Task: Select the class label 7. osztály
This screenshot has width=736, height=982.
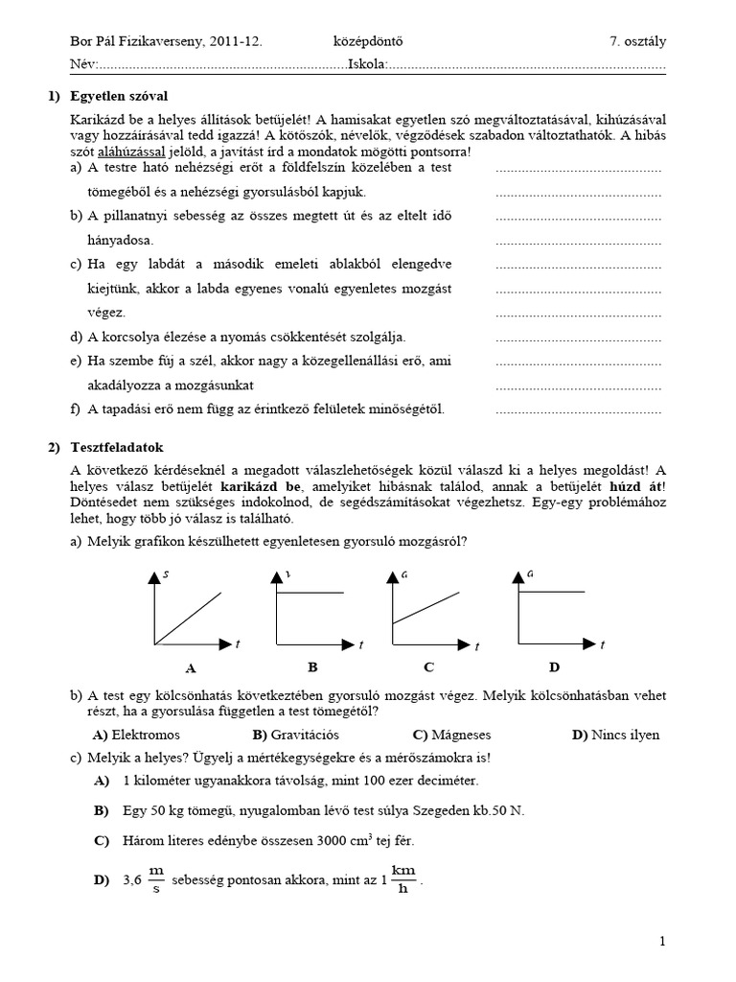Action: [631, 41]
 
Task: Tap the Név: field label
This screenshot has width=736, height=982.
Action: [84, 64]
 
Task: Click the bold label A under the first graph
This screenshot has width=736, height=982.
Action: [190, 667]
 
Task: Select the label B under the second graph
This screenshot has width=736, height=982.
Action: [311, 666]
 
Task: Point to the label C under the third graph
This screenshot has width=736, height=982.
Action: [429, 666]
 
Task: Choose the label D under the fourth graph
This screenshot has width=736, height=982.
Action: [554, 666]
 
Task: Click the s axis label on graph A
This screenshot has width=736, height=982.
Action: [167, 574]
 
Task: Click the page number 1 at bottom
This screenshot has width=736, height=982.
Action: [662, 943]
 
